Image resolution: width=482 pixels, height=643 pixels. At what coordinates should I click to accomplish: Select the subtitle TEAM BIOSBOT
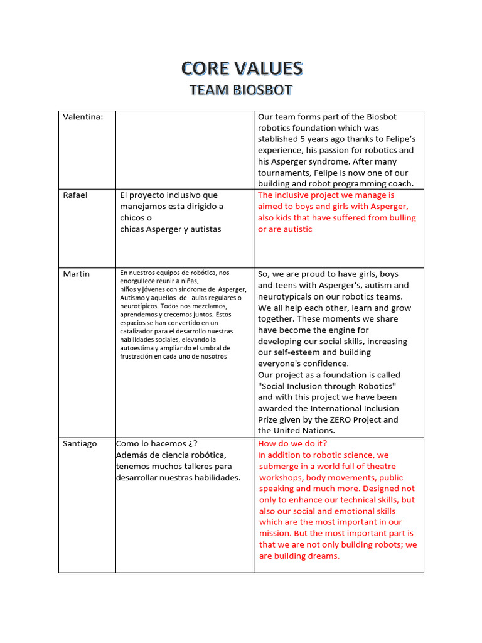pos(242,90)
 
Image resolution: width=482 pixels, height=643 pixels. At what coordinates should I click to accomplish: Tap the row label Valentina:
pos(83,117)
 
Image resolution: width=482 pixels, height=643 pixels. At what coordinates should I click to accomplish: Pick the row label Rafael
pos(75,195)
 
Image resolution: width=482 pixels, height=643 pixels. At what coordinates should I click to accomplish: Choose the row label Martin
pos(76,274)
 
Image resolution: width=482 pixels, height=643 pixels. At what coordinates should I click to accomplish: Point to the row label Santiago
pos(80,444)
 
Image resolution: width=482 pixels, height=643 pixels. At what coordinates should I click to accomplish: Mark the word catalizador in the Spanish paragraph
pos(139,331)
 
